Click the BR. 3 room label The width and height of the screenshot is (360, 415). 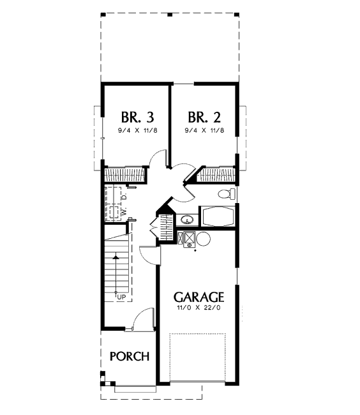click(137, 117)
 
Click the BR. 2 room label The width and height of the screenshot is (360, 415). click(204, 117)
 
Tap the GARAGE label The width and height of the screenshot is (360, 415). click(199, 297)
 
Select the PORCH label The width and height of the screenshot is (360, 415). click(130, 356)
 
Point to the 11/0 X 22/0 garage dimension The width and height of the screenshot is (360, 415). click(199, 308)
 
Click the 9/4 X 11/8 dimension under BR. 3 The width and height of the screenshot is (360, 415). click(138, 130)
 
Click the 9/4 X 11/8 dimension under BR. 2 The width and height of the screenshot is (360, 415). click(204, 130)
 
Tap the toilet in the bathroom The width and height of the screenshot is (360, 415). click(227, 194)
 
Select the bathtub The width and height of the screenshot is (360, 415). click(218, 216)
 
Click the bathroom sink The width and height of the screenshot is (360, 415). click(188, 220)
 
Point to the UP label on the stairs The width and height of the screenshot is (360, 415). click(121, 298)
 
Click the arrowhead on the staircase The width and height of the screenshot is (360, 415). click(116, 257)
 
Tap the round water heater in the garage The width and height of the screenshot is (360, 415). click(204, 239)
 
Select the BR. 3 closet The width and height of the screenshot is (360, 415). click(124, 174)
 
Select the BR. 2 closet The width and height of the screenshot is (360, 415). click(216, 175)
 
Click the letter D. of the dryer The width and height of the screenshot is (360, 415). click(124, 197)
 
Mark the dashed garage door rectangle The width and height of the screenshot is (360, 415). click(198, 358)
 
